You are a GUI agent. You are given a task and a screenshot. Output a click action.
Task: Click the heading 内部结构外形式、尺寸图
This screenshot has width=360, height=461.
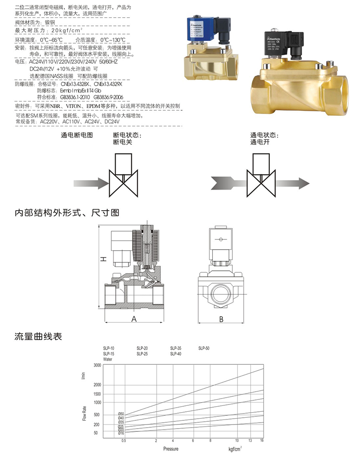point(67,212)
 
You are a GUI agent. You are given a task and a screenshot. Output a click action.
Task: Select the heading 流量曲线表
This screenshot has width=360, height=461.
point(38,337)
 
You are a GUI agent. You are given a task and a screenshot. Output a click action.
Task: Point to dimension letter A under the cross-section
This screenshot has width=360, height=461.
point(134,319)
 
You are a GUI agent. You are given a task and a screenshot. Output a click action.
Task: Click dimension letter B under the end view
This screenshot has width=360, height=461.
point(221,319)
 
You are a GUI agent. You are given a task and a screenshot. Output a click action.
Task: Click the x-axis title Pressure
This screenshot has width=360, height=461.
point(171,449)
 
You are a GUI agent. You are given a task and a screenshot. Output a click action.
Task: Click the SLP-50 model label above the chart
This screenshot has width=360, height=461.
point(204,348)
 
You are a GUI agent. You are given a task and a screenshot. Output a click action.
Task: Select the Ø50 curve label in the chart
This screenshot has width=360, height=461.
point(121,414)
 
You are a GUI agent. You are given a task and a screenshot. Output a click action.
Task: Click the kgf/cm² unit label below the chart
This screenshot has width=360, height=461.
point(235,449)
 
